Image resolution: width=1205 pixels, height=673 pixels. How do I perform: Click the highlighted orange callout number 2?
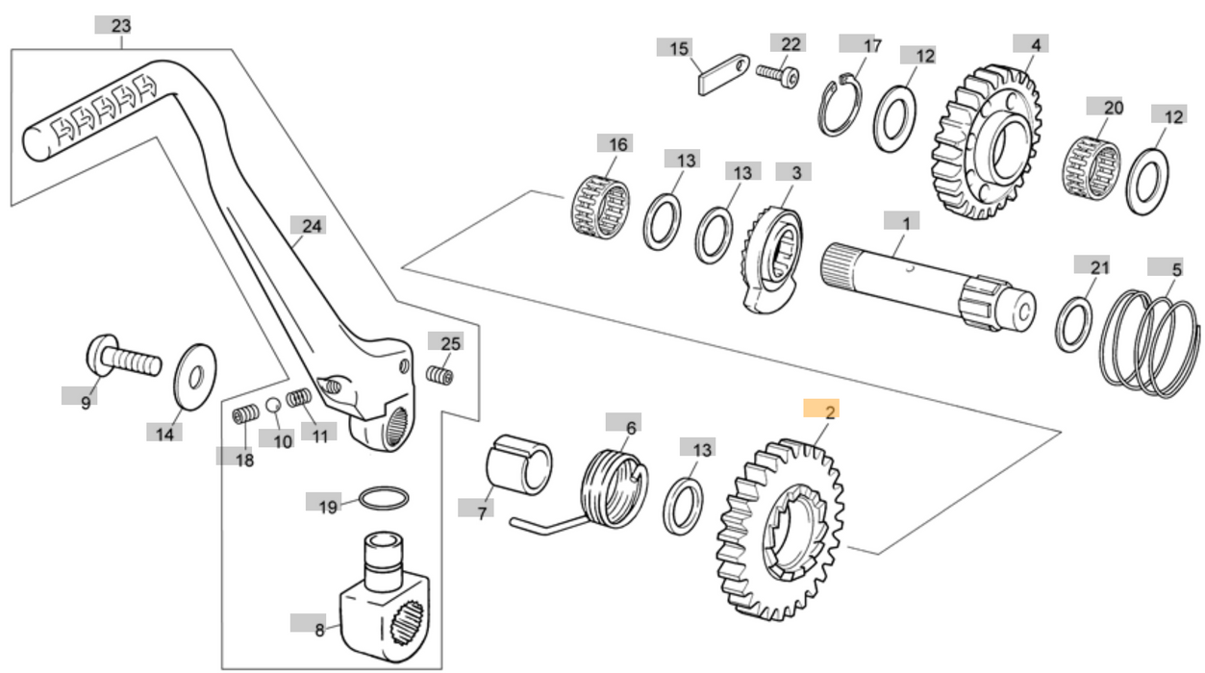(x=828, y=410)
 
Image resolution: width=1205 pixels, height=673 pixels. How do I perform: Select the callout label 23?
(x=120, y=26)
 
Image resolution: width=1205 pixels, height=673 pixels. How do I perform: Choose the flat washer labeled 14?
(x=193, y=376)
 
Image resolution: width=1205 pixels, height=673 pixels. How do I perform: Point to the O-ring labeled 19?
(x=384, y=499)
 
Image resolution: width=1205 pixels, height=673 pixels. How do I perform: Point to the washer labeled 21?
(x=1076, y=324)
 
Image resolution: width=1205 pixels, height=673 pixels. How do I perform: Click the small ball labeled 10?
(x=273, y=403)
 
